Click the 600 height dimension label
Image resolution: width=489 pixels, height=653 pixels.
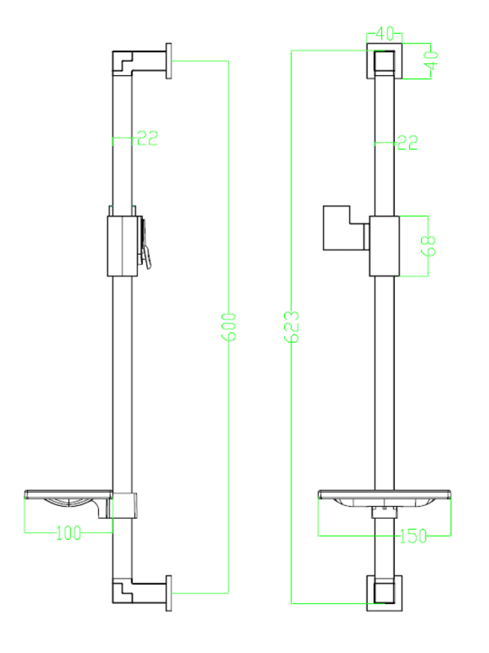229,327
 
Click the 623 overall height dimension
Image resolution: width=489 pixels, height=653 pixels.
291,326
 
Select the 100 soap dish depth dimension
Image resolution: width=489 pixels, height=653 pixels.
69,533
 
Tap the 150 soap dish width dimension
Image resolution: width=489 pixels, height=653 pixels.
413,536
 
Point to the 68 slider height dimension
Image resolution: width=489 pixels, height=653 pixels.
428,246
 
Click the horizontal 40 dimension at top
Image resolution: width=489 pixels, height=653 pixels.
384,33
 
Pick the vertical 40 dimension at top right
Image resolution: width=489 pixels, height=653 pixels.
432,60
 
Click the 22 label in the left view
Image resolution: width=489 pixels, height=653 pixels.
147,138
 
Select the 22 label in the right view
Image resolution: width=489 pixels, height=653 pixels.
407,143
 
